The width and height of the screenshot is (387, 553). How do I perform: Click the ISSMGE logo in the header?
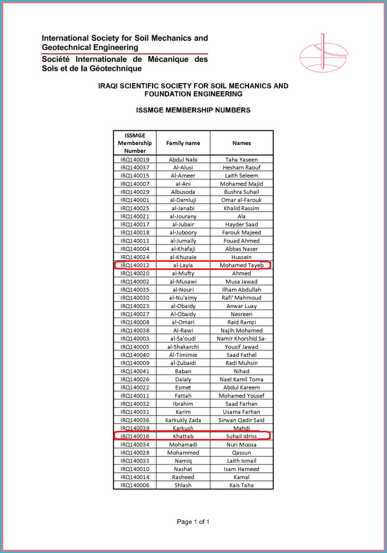323,52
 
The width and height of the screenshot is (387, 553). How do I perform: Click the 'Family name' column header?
183,143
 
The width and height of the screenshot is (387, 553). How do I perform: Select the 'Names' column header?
241,143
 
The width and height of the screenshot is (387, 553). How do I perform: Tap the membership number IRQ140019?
135,160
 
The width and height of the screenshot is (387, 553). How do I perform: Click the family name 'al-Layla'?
183,265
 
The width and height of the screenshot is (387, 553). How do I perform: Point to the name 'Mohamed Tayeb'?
241,265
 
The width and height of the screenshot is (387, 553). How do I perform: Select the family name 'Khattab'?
183,436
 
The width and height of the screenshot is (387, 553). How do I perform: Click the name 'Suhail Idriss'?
241,436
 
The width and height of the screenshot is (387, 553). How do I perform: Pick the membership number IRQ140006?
135,485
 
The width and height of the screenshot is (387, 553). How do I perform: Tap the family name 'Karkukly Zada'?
183,420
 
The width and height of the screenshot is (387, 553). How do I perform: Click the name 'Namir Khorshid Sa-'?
241,338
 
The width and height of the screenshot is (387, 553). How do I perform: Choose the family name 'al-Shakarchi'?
183,347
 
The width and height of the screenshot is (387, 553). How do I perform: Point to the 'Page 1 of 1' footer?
193,522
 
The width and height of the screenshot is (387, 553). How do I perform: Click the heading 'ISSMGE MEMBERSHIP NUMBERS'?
193,110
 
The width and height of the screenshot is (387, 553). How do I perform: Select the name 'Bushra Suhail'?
241,192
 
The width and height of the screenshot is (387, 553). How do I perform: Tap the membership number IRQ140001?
135,200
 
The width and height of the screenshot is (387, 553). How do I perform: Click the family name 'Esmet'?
183,387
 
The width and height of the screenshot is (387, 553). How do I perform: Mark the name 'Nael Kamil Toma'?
241,379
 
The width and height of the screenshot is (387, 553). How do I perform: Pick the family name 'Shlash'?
183,485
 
